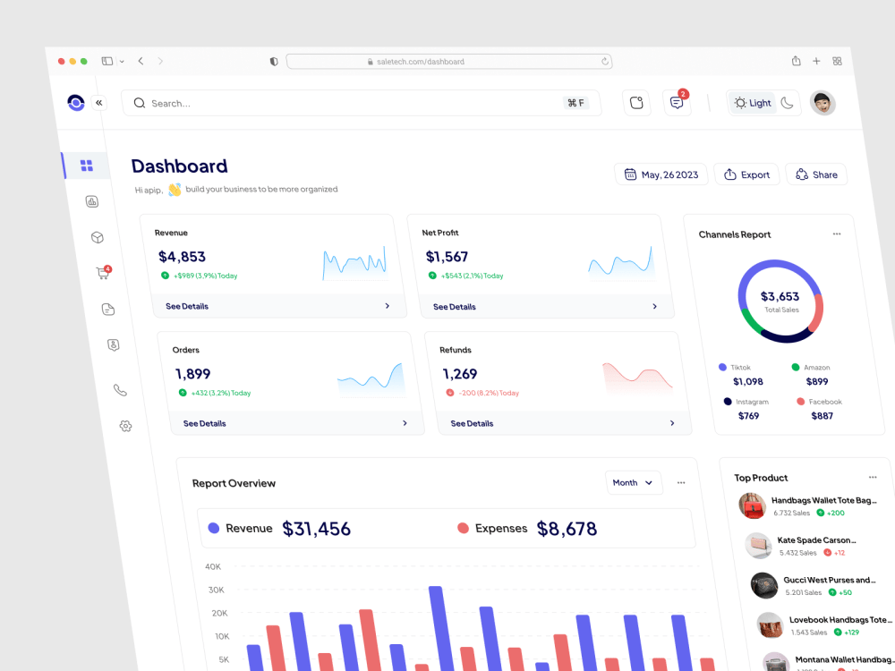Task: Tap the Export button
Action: (747, 174)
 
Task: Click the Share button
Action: (817, 174)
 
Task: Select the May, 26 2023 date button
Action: (661, 174)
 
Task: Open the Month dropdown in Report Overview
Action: (633, 483)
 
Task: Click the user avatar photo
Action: (823, 103)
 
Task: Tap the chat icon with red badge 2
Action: (677, 103)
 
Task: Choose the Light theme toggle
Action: (753, 103)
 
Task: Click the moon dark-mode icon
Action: (787, 103)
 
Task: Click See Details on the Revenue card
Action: (187, 306)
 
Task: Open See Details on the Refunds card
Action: (472, 423)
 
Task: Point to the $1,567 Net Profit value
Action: (447, 257)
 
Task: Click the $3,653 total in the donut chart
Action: (780, 296)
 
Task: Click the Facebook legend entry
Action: (819, 402)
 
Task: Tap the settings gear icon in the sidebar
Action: (125, 426)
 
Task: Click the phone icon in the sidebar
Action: (120, 390)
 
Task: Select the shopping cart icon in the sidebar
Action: (103, 273)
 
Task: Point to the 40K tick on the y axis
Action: (213, 566)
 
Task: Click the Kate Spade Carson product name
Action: (816, 539)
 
